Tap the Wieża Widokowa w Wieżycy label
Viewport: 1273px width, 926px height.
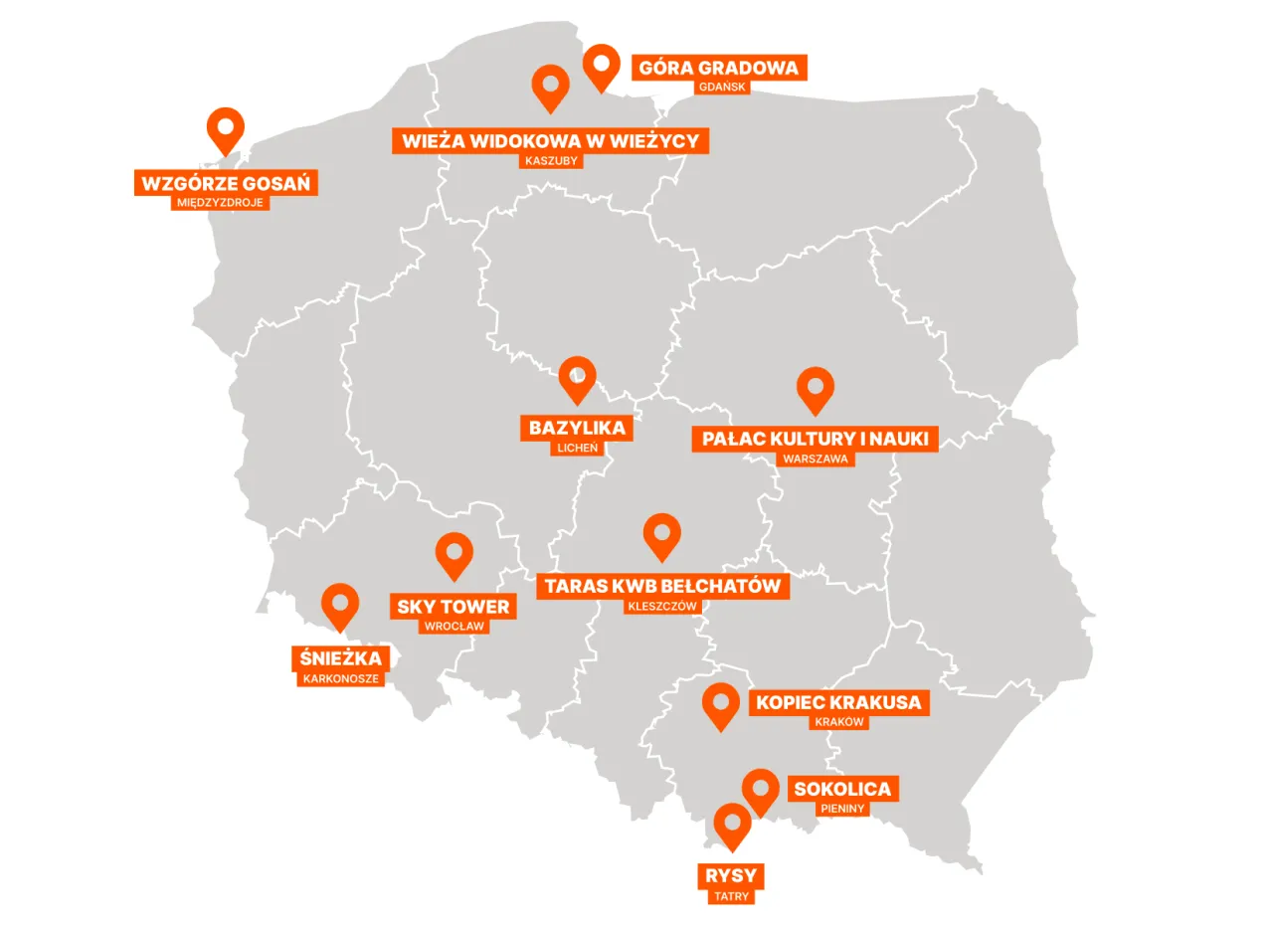pyautogui.click(x=550, y=141)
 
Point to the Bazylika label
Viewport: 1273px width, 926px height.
pyautogui.click(x=577, y=429)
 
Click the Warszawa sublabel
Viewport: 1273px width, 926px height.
pyautogui.click(x=816, y=460)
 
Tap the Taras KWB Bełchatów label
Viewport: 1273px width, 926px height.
pyautogui.click(x=663, y=586)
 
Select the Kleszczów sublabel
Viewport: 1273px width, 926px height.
pyautogui.click(x=662, y=606)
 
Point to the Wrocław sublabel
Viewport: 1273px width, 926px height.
pyautogui.click(x=454, y=627)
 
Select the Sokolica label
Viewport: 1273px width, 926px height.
pyautogui.click(x=842, y=790)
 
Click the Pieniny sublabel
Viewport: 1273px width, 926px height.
pyautogui.click(x=842, y=810)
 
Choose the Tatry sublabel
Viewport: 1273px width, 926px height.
pyautogui.click(x=732, y=897)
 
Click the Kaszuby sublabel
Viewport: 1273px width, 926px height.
pyautogui.click(x=550, y=161)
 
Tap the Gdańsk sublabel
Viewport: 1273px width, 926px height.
pyautogui.click(x=721, y=88)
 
